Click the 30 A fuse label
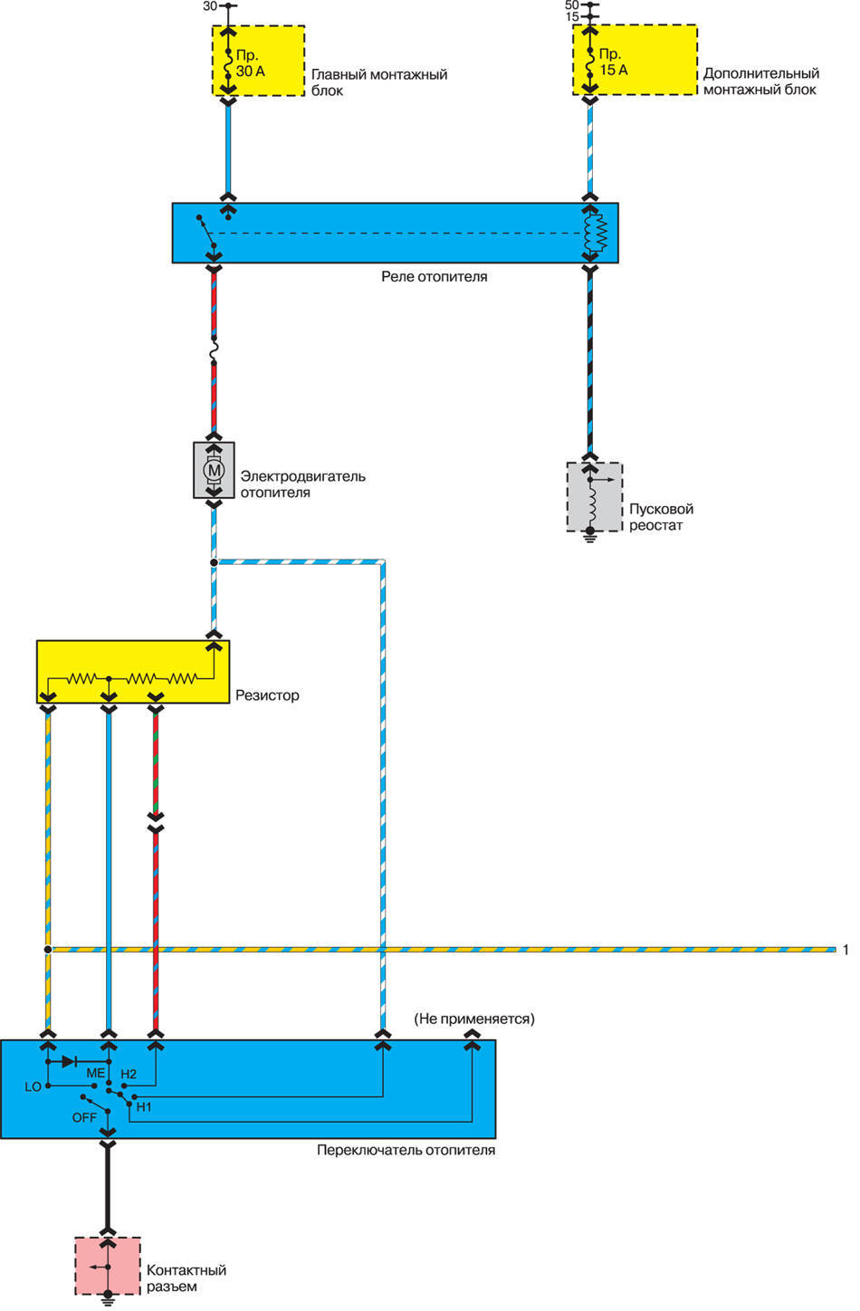[x=251, y=63]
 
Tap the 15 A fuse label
[x=613, y=62]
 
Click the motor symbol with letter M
[x=214, y=470]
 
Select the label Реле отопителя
[x=435, y=276]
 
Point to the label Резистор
[x=267, y=695]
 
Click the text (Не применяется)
[x=474, y=1019]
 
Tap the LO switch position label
[x=33, y=1086]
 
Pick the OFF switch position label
[x=84, y=1118]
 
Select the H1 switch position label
[x=144, y=1107]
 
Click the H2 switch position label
[x=129, y=1074]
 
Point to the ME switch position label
[x=95, y=1074]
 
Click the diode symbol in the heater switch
[x=69, y=1062]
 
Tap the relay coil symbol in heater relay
[x=596, y=233]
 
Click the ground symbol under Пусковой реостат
[x=590, y=535]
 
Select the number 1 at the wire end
[x=846, y=950]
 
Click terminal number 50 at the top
[x=571, y=5]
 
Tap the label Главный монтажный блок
[x=379, y=81]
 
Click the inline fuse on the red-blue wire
[x=214, y=351]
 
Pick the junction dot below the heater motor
[x=214, y=562]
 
